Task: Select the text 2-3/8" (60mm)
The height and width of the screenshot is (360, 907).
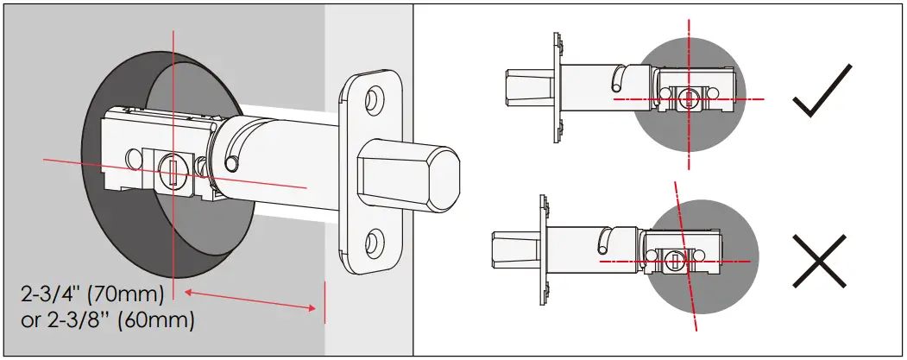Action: point(107,319)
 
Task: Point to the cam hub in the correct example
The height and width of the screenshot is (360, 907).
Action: point(688,99)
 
